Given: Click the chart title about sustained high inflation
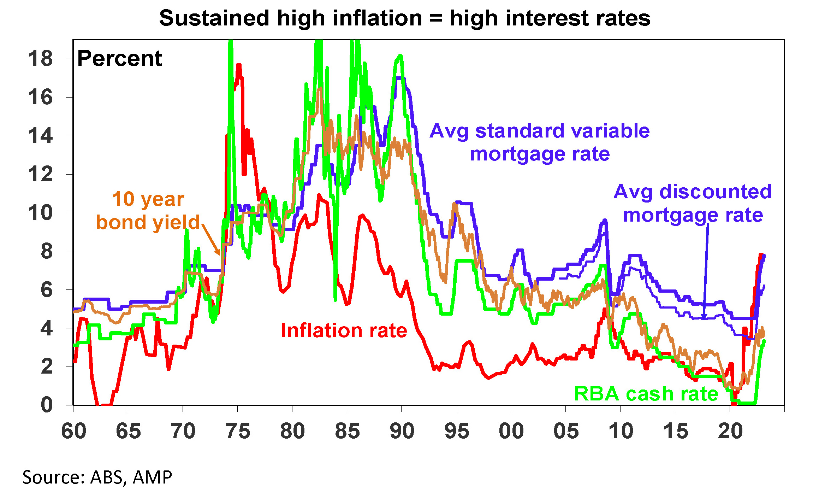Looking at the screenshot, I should point(404,18).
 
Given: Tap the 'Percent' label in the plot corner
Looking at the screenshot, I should point(119,59).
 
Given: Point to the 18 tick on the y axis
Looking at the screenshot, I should point(40,59).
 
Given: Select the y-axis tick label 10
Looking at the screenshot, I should point(40,213).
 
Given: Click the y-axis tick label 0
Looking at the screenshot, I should point(47,405).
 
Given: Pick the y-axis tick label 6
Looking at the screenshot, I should point(47,290).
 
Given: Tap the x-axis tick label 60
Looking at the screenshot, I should point(73,431).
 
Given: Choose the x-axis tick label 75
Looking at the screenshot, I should point(238,431).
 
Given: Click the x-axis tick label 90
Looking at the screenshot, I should point(402,431).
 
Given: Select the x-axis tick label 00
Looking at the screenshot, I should point(511,431).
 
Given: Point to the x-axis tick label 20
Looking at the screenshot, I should point(730,431).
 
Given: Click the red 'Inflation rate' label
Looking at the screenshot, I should point(344,331).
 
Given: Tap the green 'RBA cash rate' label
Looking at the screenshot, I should point(646,393).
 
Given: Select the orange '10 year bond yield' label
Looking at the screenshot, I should point(148,211).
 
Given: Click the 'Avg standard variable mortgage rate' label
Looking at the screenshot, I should point(540,142).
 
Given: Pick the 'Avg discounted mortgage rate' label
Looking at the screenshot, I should point(693,203).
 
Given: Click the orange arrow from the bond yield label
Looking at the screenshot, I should point(211,239).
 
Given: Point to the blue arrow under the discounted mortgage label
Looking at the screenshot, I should point(706,272).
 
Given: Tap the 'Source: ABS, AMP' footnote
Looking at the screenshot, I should point(97,477).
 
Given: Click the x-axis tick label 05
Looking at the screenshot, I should point(566,431).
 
